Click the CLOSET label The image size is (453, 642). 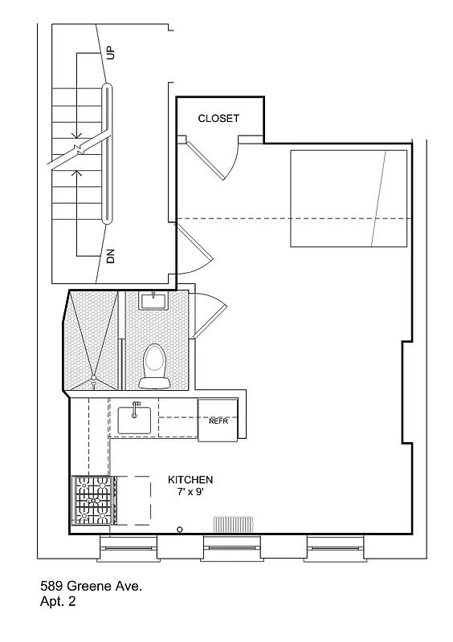coord(218,119)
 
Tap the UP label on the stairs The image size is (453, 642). coord(111,53)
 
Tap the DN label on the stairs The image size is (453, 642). coord(111,256)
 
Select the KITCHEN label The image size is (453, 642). coord(190,479)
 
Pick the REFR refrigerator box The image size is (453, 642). coord(218,420)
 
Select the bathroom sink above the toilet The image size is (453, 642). coord(153,302)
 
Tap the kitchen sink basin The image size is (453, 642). coord(136,418)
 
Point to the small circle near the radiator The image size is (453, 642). coord(180,529)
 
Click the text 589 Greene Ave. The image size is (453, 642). coord(91,587)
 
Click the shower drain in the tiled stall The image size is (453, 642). coord(93,377)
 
